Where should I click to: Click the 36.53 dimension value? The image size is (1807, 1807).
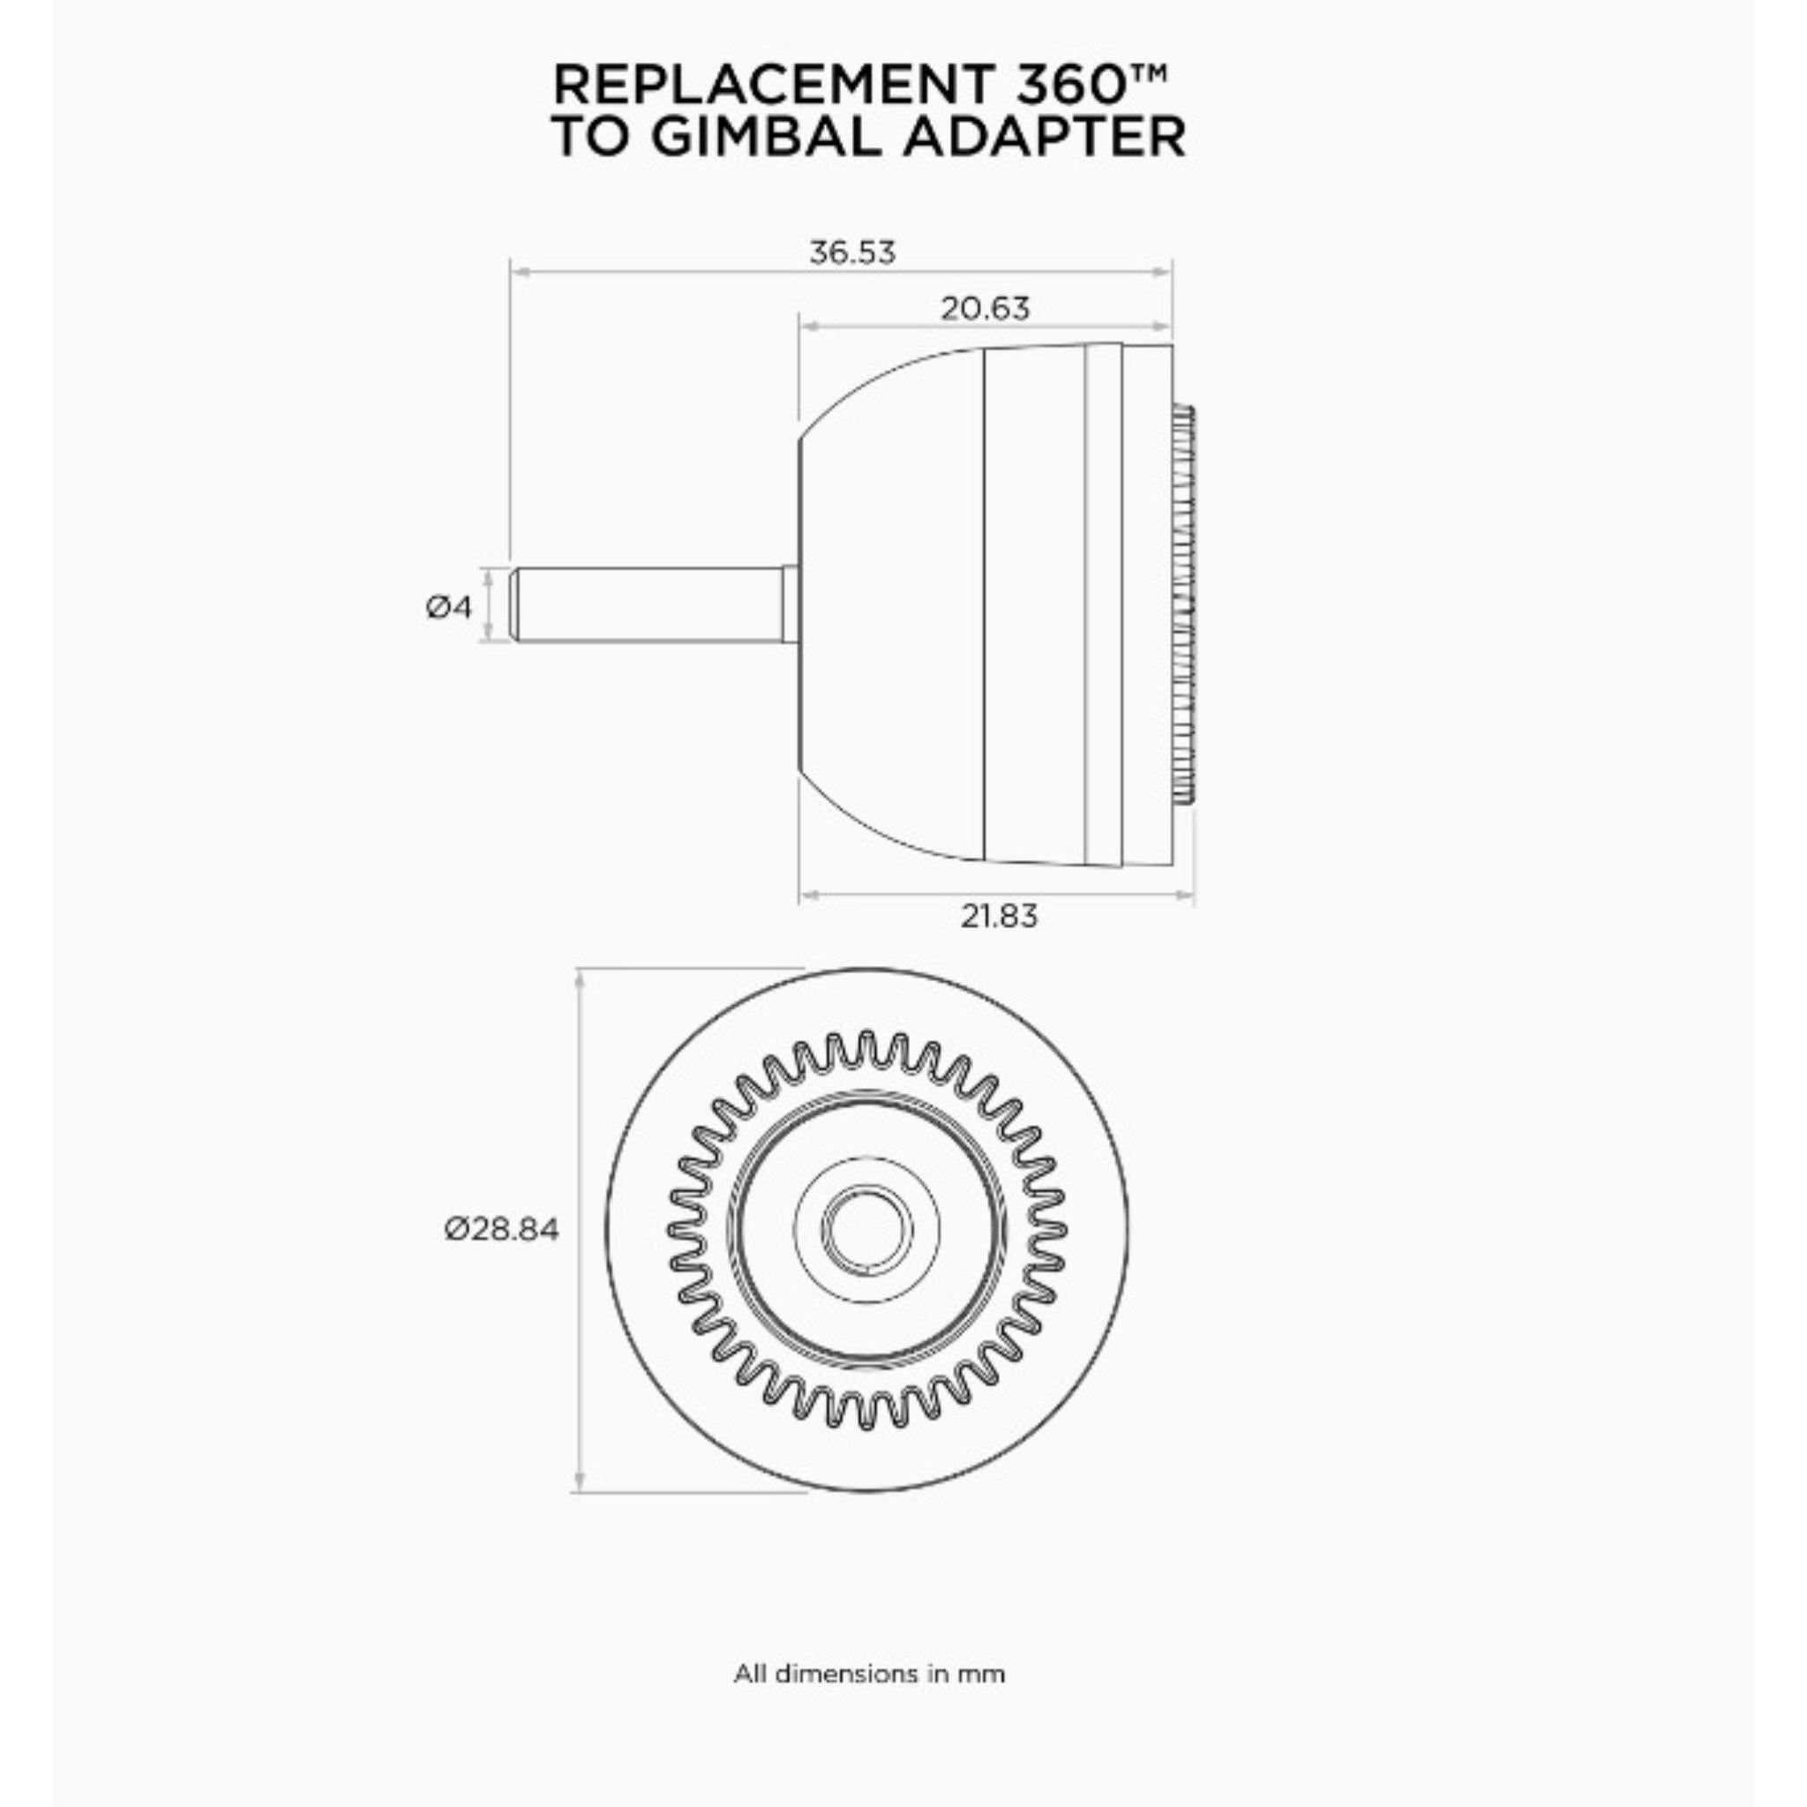coord(851,252)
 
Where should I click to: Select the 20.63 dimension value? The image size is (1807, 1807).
coord(985,309)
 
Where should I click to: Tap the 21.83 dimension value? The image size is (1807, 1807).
coord(999,916)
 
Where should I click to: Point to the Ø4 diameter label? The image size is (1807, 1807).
coord(449,607)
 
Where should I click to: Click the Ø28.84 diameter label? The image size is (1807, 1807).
coord(501,1228)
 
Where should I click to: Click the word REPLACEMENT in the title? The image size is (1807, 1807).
coord(772,86)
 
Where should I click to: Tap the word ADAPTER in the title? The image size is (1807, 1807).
coord(1045,138)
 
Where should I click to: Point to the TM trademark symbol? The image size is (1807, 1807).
coord(1152,72)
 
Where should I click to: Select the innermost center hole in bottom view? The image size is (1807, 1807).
coord(868,1229)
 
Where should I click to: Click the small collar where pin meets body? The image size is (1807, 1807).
coord(791,604)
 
